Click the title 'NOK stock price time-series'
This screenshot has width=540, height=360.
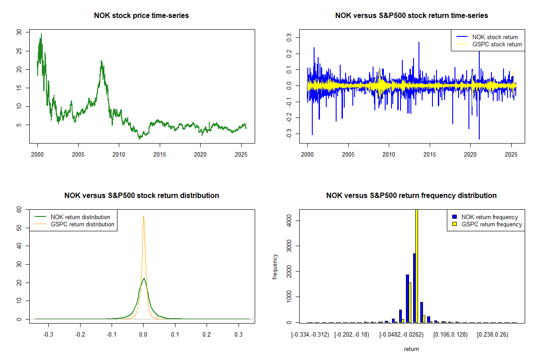(141, 16)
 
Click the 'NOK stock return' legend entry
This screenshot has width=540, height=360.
(495, 37)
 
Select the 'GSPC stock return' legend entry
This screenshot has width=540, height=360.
(497, 44)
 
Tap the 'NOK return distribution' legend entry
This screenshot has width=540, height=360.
(80, 217)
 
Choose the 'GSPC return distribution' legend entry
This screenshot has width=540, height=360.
(82, 224)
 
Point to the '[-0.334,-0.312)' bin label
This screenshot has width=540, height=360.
(310, 335)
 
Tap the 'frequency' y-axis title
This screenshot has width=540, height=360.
(275, 267)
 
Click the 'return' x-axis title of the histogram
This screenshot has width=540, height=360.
(411, 349)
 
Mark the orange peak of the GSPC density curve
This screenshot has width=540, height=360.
(143, 216)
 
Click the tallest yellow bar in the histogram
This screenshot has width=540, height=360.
(417, 265)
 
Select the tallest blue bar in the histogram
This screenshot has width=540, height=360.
(414, 288)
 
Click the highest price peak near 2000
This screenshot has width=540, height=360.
(41, 34)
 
